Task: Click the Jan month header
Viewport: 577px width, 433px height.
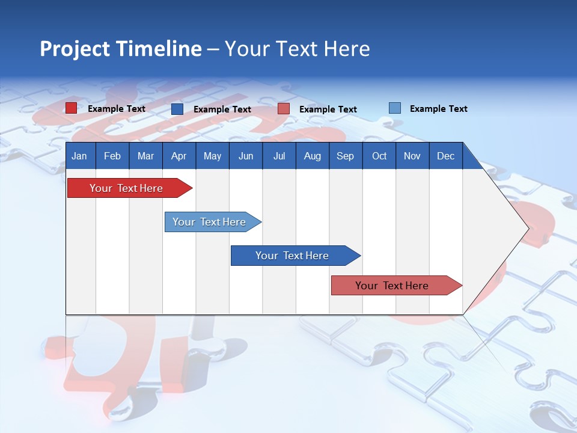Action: coord(79,156)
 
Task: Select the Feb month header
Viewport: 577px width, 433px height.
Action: coord(112,156)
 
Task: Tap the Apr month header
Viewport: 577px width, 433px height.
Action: coord(179,156)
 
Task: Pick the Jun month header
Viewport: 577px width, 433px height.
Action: coord(246,156)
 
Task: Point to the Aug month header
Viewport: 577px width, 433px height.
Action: coord(313,156)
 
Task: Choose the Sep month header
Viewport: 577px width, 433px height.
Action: coord(346,156)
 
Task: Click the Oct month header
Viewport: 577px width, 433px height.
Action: coord(379,156)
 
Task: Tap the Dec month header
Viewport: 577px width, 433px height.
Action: coord(446,156)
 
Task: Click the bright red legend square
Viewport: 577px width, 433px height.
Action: coord(71,108)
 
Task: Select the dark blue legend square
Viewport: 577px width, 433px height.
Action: coord(177,109)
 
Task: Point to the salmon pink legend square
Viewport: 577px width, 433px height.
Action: coord(284,109)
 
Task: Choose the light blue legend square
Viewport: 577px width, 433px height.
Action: coord(395,108)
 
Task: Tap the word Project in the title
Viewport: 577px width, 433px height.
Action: coord(75,49)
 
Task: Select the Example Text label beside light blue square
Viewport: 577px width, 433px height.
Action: coord(438,109)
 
